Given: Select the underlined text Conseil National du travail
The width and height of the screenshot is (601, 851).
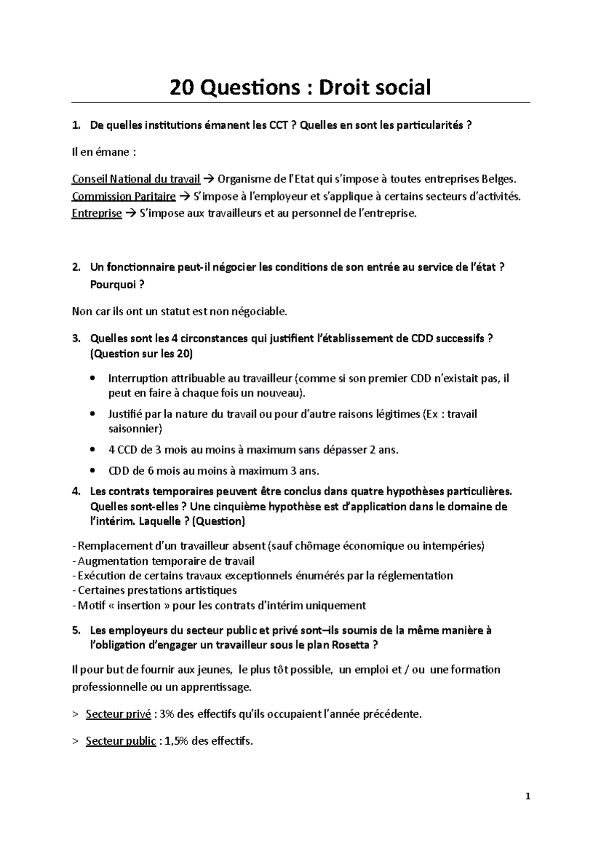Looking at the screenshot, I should point(136,179).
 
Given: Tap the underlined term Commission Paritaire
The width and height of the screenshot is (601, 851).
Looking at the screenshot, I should point(124,196).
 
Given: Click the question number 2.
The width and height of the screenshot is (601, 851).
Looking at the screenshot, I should point(76,267).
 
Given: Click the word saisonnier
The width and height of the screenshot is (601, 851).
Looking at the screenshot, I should point(135,429).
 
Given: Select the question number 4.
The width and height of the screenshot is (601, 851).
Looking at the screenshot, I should point(76,491).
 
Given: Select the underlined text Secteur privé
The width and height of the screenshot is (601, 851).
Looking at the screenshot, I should point(118,714).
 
